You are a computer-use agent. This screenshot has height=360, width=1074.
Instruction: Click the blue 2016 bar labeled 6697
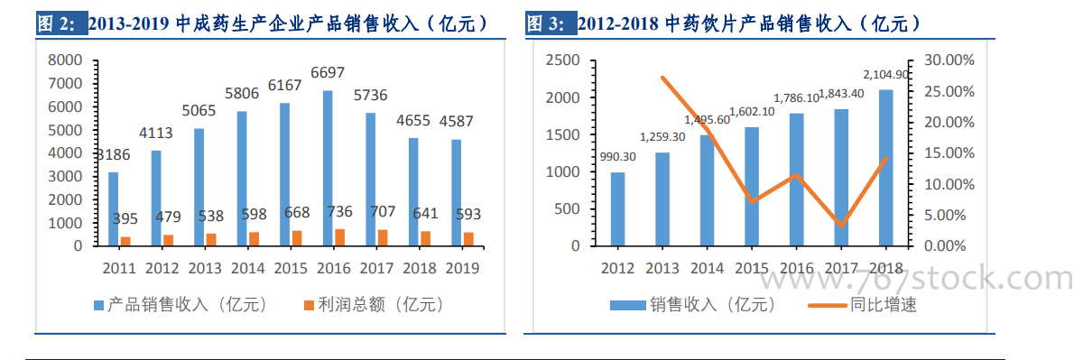pos(328,169)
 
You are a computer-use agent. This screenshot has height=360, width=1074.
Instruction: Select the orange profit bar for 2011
pos(125,242)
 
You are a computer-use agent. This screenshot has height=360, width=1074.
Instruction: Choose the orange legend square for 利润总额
pos(309,303)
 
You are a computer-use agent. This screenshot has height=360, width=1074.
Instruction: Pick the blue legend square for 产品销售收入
pos(98,303)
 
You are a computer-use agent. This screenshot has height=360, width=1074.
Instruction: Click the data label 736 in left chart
pos(339,212)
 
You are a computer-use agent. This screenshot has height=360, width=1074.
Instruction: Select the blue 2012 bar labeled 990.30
pos(618,209)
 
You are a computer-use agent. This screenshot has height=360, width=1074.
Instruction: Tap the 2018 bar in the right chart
pos(885,169)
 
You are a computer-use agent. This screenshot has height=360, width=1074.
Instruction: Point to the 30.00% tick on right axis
pos(945,61)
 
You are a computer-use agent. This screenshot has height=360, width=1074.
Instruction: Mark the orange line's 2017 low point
pos(841,226)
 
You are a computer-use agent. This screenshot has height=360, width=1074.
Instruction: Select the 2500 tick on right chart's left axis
pos(563,61)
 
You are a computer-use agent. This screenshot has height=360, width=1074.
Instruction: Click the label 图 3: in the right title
pos(546,24)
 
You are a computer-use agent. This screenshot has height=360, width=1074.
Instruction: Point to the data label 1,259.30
pos(662,137)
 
